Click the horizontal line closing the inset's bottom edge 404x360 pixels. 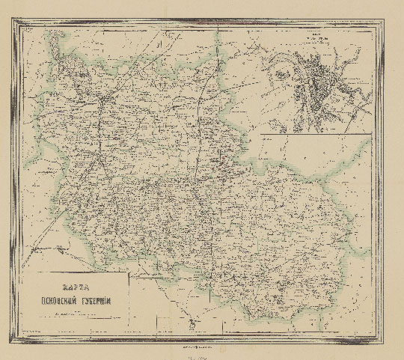pyautogui.click(x=315, y=134)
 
